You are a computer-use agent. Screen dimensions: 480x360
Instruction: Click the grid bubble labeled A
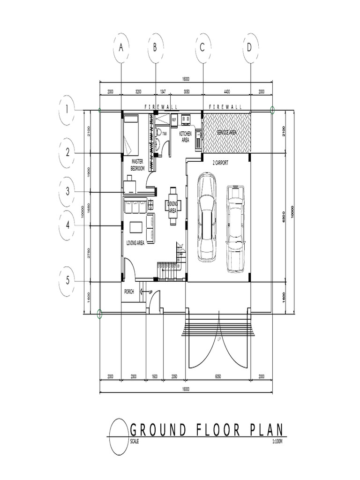(x=121, y=47)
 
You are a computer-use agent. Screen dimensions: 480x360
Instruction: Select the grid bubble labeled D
(x=249, y=47)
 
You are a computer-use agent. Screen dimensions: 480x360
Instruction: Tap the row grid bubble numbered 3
(x=68, y=191)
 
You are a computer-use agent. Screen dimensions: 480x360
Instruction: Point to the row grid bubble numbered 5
(x=68, y=280)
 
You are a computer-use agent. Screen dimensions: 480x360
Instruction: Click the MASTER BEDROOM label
(x=138, y=165)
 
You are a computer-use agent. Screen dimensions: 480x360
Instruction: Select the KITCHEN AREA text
(x=185, y=136)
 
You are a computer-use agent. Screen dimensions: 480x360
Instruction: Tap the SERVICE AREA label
(x=226, y=133)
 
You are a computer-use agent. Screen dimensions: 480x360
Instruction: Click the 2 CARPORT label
(x=220, y=163)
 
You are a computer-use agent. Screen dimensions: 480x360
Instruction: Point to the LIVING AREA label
(x=135, y=243)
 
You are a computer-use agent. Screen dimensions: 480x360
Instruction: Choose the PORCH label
(x=129, y=292)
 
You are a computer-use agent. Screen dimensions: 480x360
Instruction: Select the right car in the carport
(x=236, y=228)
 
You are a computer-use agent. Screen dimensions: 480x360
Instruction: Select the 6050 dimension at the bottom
(x=218, y=376)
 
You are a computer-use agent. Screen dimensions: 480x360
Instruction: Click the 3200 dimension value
(x=138, y=91)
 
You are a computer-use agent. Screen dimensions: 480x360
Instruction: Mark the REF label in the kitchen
(x=174, y=120)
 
